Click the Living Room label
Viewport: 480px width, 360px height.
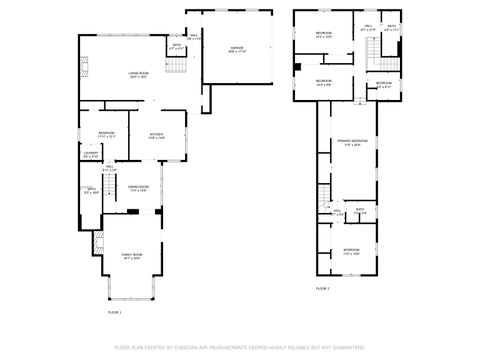click(x=138, y=75)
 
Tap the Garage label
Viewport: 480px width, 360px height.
click(x=237, y=49)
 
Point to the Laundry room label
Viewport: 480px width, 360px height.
click(x=90, y=154)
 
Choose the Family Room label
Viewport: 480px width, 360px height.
click(x=132, y=256)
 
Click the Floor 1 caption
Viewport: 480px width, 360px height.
click(x=114, y=312)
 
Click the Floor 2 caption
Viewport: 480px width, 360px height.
click(x=323, y=288)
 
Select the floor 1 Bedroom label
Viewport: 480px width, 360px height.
click(x=107, y=134)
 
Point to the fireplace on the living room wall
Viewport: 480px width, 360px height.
click(x=86, y=71)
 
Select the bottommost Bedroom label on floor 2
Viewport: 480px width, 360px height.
click(x=351, y=250)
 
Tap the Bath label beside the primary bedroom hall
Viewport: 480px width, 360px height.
click(x=360, y=212)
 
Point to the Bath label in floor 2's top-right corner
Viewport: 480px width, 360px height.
click(x=392, y=28)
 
